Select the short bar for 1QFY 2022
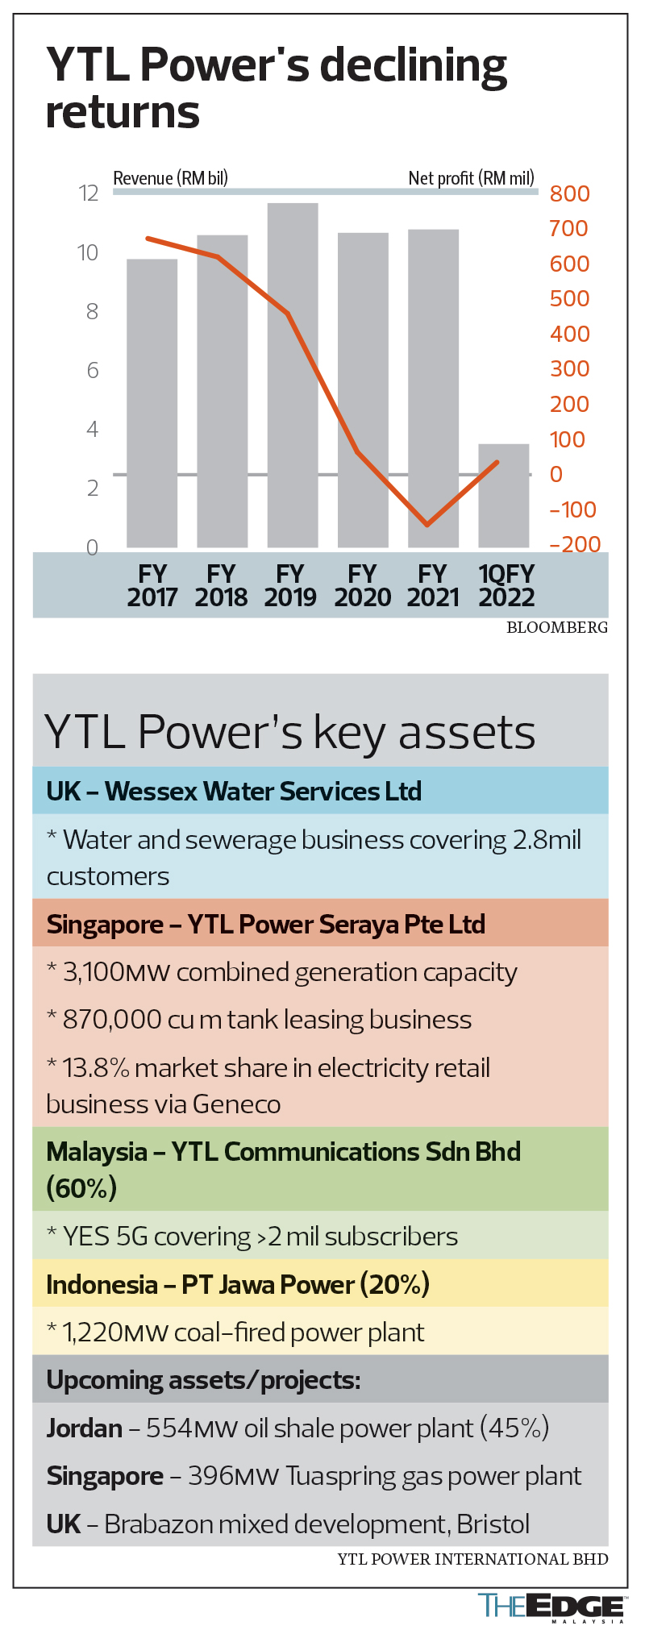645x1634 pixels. click(504, 496)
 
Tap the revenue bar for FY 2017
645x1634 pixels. click(152, 403)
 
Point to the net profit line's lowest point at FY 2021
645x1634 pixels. click(427, 525)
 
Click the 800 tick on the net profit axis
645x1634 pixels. click(569, 193)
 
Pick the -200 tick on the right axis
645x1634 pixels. click(575, 544)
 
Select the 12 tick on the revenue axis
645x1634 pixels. click(88, 193)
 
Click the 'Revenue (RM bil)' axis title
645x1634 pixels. click(170, 178)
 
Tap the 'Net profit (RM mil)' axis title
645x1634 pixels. click(471, 178)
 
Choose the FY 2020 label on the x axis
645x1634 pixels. click(363, 585)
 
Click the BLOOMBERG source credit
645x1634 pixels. click(557, 628)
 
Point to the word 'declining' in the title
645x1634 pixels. click(414, 67)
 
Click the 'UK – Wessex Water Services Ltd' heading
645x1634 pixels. click(234, 791)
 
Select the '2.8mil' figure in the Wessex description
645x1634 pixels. click(547, 840)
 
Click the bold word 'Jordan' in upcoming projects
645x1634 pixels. click(85, 1428)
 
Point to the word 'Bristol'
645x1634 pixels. click(493, 1524)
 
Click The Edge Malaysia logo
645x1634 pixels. click(551, 1607)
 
